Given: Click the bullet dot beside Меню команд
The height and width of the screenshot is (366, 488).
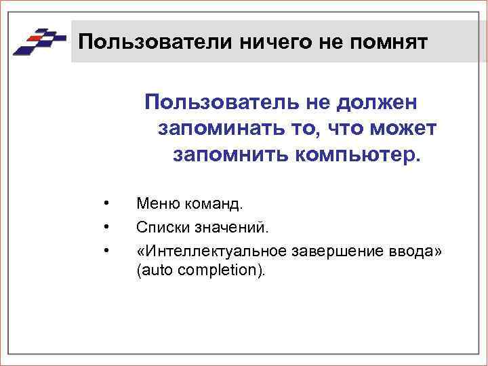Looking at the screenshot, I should pyautogui.click(x=106, y=203).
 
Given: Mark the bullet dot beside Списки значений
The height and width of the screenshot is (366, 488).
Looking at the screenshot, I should pyautogui.click(x=106, y=227).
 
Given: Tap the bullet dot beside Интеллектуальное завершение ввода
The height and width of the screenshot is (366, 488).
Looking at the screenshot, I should pyautogui.click(x=106, y=251).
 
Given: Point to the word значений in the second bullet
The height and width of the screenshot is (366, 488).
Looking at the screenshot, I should pyautogui.click(x=223, y=227).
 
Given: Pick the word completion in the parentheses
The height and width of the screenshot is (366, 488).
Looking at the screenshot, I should pyautogui.click(x=224, y=270).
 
